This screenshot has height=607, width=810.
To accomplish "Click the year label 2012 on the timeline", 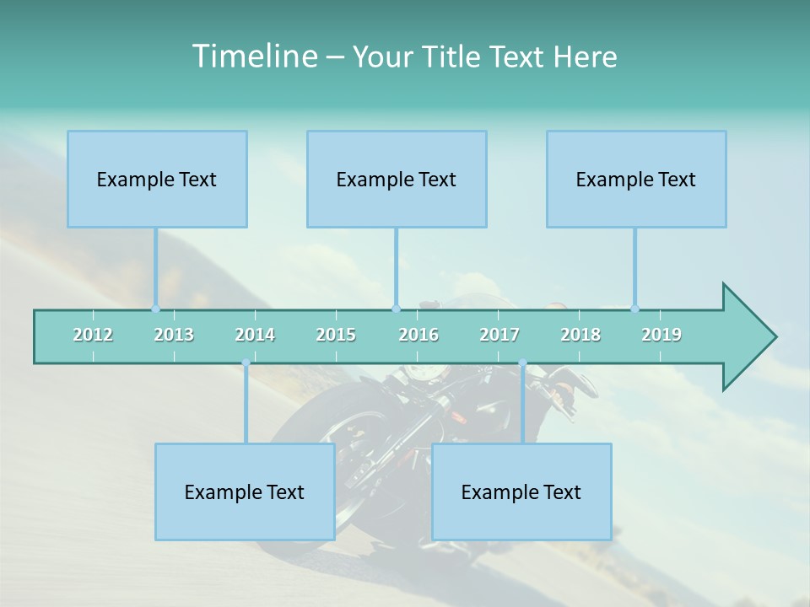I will pyautogui.click(x=93, y=335).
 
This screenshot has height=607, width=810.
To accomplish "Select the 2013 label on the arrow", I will pyautogui.click(x=174, y=335).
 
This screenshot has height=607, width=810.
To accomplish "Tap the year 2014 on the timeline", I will pyautogui.click(x=255, y=335).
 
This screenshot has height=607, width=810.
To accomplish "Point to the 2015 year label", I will pyautogui.click(x=336, y=335).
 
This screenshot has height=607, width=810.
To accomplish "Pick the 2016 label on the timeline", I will pyautogui.click(x=418, y=335).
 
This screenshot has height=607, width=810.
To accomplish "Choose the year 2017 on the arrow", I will pyautogui.click(x=499, y=335).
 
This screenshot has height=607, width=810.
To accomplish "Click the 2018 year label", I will pyautogui.click(x=580, y=335).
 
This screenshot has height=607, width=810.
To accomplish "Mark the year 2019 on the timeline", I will pyautogui.click(x=661, y=335).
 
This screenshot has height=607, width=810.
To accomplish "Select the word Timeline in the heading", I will pyautogui.click(x=253, y=56).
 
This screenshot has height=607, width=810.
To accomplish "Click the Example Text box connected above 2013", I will pyautogui.click(x=157, y=179).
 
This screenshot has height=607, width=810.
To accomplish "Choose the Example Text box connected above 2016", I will pyautogui.click(x=397, y=179).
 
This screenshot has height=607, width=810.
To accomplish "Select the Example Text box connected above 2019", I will pyautogui.click(x=636, y=179).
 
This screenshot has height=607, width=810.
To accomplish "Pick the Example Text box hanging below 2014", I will pyautogui.click(x=245, y=492).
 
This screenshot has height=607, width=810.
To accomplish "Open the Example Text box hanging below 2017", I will pyautogui.click(x=521, y=492).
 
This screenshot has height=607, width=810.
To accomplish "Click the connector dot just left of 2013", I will pyautogui.click(x=155, y=309).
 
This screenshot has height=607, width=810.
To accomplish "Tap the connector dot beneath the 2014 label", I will pyautogui.click(x=246, y=363).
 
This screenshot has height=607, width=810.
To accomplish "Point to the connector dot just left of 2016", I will pyautogui.click(x=396, y=309).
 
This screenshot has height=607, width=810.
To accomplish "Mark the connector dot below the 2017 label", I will pyautogui.click(x=522, y=363).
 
